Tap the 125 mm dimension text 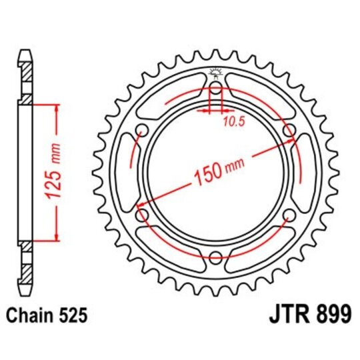[57, 172]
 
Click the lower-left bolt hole [142, 215]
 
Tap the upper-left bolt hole [142, 131]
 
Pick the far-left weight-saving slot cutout [123, 173]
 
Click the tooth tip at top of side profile [25, 52]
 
